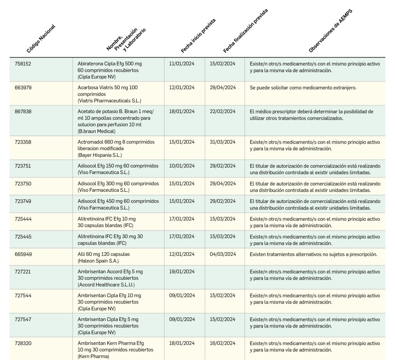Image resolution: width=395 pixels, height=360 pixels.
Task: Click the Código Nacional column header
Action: coord(41,39)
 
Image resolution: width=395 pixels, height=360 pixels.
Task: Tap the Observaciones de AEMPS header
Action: coord(330,31)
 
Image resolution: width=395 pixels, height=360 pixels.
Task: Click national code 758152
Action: coord(23,64)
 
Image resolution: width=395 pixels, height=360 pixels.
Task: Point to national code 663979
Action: coord(23,88)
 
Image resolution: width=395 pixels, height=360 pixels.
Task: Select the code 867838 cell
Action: coord(23,112)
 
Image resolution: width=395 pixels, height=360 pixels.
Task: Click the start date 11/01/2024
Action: coord(182,64)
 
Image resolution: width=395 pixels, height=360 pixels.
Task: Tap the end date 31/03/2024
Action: coord(223,142)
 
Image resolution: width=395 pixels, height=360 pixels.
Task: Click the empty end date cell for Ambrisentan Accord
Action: coord(225,277)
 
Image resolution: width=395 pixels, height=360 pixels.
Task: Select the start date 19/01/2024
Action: coord(182,272)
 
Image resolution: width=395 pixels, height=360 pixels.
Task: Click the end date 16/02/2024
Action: coord(223,343)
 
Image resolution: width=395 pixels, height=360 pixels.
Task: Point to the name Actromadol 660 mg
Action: coord(116,142)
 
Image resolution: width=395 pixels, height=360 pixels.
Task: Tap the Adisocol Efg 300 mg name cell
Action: coord(118,184)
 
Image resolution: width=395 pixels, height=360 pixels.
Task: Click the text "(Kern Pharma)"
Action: coord(93,357)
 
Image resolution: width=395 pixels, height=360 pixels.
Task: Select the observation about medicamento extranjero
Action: coord(303,88)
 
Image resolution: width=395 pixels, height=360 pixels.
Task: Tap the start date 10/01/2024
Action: coord(182,166)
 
